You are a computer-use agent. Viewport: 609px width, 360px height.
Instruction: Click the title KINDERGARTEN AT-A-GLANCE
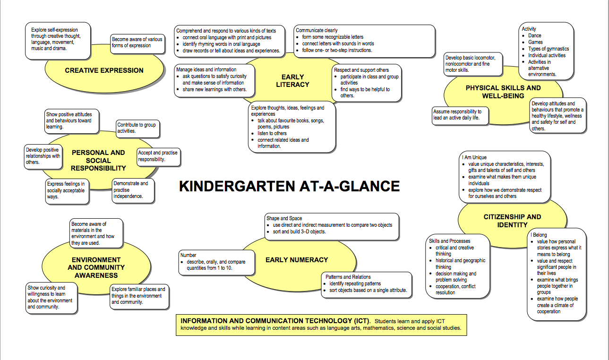click(x=289, y=186)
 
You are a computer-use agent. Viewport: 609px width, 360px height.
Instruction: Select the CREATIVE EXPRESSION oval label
click(x=104, y=70)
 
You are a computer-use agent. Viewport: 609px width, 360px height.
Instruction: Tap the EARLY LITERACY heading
click(x=292, y=81)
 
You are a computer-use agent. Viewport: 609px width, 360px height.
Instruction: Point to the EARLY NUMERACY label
click(x=296, y=260)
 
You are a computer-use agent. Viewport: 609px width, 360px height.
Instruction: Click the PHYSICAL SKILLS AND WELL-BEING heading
click(x=503, y=92)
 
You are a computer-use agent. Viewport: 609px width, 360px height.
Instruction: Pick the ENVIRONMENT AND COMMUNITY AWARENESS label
click(x=96, y=267)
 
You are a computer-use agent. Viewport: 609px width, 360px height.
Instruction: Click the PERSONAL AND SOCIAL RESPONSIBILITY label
click(x=98, y=160)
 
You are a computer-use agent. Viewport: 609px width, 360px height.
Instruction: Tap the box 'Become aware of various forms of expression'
click(x=137, y=43)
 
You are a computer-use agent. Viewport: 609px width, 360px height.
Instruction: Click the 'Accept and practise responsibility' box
click(x=158, y=156)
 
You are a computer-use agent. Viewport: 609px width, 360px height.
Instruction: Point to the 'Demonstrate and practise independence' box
click(x=133, y=190)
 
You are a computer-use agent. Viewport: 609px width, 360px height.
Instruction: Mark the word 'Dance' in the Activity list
click(x=535, y=35)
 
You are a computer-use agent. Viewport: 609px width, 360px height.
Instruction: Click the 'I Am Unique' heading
click(x=474, y=157)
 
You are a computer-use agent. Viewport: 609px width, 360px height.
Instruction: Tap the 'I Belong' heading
click(x=539, y=235)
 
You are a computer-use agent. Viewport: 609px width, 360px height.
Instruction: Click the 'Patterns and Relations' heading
click(x=348, y=277)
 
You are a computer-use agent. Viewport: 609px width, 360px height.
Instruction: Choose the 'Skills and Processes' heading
click(x=449, y=241)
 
